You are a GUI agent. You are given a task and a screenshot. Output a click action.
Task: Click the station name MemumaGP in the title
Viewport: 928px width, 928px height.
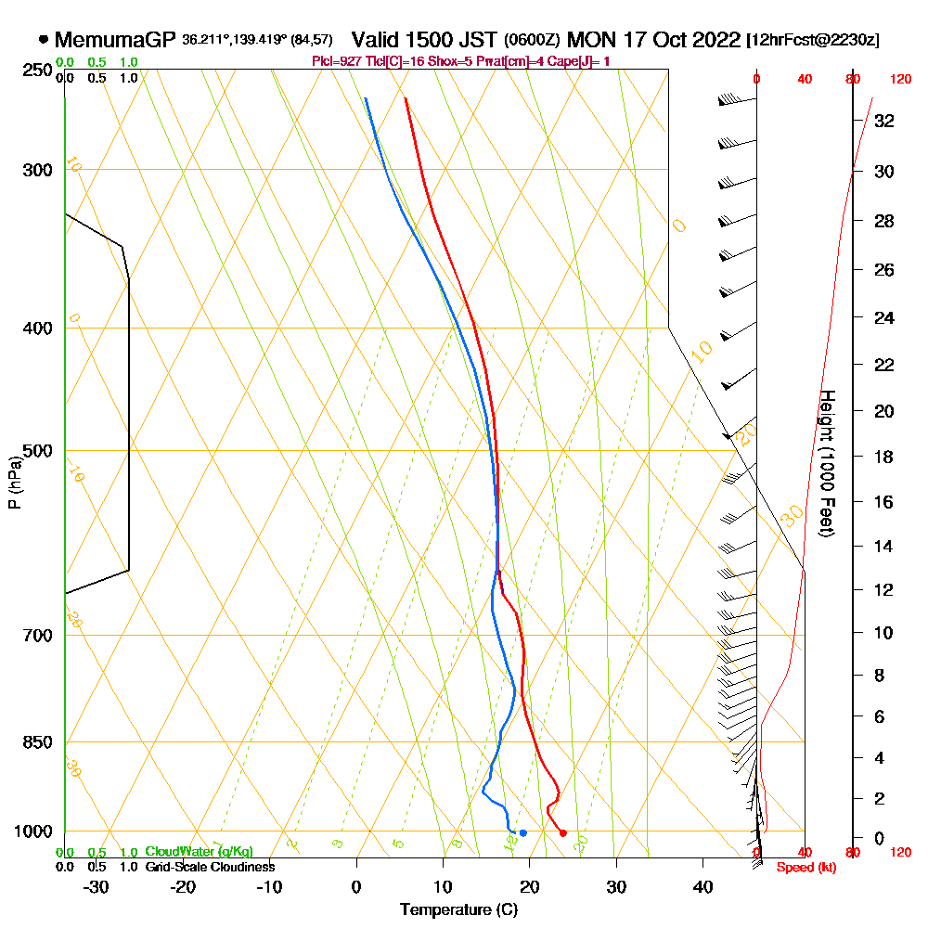tap(115, 40)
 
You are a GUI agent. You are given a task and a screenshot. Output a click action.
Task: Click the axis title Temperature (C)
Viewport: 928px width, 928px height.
tap(458, 909)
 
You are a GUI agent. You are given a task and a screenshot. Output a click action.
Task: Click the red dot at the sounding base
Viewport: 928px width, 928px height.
tap(563, 832)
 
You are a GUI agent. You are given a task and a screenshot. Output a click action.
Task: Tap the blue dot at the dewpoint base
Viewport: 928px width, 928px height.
tap(523, 832)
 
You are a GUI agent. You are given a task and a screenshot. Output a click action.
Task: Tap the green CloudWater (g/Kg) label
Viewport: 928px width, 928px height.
tap(199, 852)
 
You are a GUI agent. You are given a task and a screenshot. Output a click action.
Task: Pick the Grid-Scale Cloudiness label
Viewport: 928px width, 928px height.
tap(210, 867)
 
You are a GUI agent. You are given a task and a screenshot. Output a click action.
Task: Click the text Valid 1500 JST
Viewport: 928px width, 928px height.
tap(424, 40)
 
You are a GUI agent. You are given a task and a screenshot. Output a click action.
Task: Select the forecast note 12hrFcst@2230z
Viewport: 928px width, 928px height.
tap(813, 41)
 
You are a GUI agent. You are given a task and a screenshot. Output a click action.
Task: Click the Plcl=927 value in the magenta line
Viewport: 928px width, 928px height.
tap(339, 61)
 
